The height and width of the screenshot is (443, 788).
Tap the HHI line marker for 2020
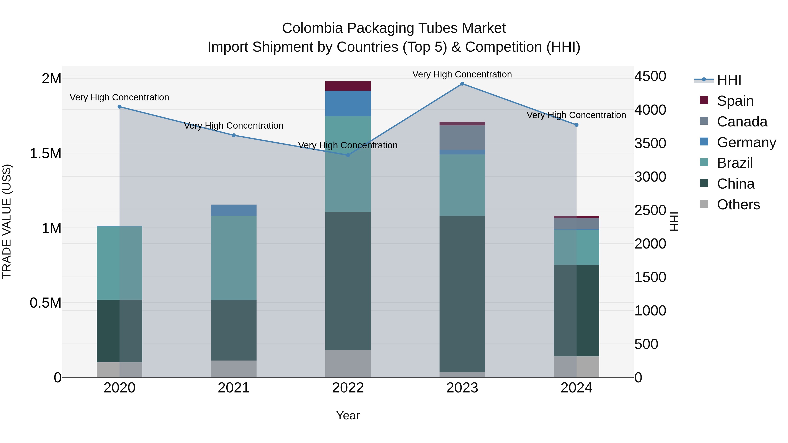click(120, 107)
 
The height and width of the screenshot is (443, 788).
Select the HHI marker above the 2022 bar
click(348, 155)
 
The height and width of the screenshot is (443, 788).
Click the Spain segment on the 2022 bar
click(348, 86)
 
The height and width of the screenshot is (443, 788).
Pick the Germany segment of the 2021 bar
click(234, 210)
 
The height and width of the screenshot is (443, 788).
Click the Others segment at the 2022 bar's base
click(348, 364)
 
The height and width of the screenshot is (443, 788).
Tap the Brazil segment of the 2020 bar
click(120, 263)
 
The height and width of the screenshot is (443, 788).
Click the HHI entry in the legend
click(729, 80)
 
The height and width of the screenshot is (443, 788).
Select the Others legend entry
click(738, 205)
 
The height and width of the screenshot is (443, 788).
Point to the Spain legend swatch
click(704, 100)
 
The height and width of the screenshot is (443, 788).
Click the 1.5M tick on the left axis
click(46, 154)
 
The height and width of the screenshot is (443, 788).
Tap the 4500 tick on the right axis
click(650, 76)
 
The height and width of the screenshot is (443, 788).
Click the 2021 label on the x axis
click(234, 388)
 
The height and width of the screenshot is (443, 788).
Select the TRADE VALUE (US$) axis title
click(7, 221)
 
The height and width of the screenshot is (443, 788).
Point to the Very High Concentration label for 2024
click(576, 115)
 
